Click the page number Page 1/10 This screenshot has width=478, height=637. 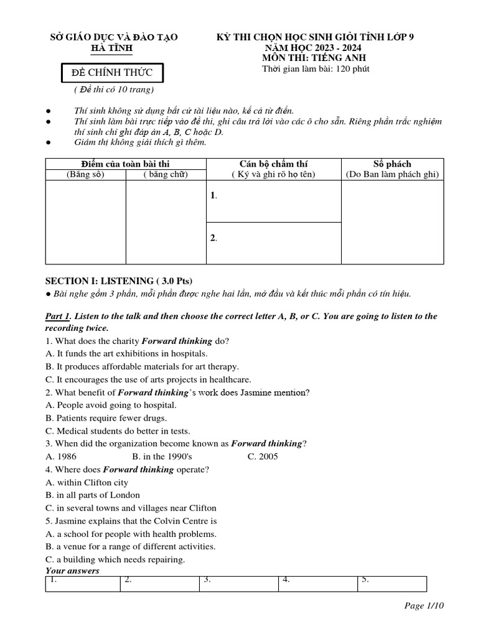click(x=424, y=606)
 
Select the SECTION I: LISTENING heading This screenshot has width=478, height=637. click(x=115, y=281)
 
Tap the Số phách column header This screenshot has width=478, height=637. click(x=392, y=164)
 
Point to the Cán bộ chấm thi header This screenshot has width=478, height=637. click(x=273, y=164)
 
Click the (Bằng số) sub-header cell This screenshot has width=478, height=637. click(x=85, y=175)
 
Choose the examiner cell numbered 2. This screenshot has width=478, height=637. click(x=274, y=243)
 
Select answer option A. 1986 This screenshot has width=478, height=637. click(x=61, y=456)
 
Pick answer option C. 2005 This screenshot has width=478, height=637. click(x=263, y=456)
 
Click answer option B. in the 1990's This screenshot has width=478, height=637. click(x=157, y=456)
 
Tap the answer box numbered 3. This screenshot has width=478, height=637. click(x=239, y=584)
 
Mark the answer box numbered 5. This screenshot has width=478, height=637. click(x=391, y=584)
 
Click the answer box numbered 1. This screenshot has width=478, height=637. click(x=83, y=584)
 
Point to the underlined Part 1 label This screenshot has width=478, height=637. click(x=58, y=316)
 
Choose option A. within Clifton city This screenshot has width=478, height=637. click(x=87, y=482)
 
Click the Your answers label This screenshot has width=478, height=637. click(x=72, y=570)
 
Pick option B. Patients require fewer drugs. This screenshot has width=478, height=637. click(x=106, y=418)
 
